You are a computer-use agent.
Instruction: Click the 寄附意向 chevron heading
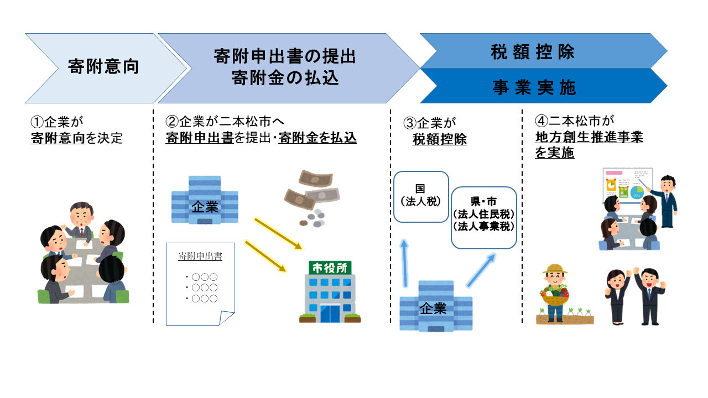pyautogui.click(x=103, y=67)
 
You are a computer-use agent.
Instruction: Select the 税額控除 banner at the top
pyautogui.click(x=532, y=51)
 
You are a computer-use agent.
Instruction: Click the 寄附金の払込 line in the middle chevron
pyautogui.click(x=285, y=78)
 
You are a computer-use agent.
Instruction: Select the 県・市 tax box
pyautogui.click(x=484, y=217)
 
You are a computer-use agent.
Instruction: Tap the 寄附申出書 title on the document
pyautogui.click(x=200, y=256)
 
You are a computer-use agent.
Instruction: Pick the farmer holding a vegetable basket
pyautogui.click(x=555, y=291)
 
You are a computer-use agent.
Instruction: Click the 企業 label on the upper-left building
pyautogui.click(x=205, y=207)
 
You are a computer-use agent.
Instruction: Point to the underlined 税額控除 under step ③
pyautogui.click(x=440, y=140)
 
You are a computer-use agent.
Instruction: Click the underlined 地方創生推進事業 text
pyautogui.click(x=589, y=137)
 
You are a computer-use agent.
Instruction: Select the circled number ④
pyautogui.click(x=542, y=121)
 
